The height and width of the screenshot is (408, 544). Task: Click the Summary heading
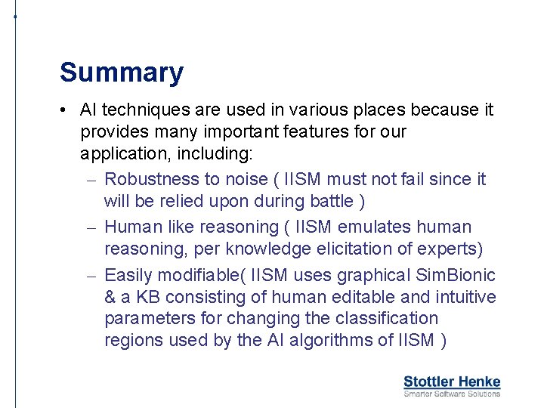(121, 73)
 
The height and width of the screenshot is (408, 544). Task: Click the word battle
(329, 201)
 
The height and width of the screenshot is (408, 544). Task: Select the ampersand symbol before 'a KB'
(111, 297)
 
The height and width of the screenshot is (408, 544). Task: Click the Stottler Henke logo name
(452, 382)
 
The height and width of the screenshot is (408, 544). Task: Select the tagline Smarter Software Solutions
(452, 394)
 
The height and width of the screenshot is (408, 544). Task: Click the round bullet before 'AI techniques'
(67, 110)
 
